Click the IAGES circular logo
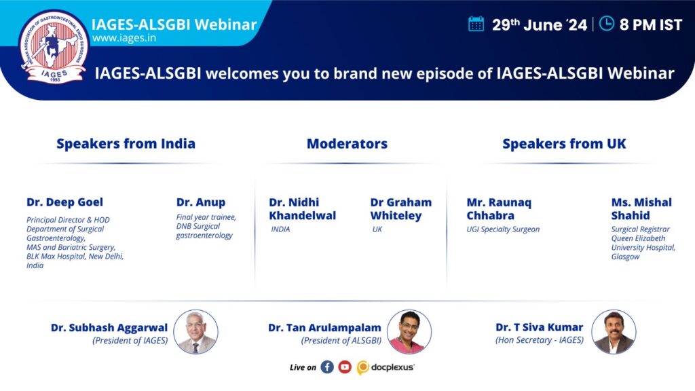click(x=53, y=47)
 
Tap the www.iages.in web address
click(x=124, y=38)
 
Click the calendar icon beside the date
click(x=476, y=24)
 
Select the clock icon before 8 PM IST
click(x=606, y=24)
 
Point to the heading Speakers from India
click(x=126, y=144)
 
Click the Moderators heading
click(x=347, y=144)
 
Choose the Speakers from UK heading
click(x=564, y=144)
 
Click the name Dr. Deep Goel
click(x=64, y=202)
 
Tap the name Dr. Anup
click(x=201, y=202)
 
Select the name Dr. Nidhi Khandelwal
click(x=302, y=209)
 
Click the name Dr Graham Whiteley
click(x=400, y=209)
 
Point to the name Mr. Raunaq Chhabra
click(x=499, y=209)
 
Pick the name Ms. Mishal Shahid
click(x=641, y=209)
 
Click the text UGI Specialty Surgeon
click(x=503, y=229)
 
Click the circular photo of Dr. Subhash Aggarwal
click(x=195, y=331)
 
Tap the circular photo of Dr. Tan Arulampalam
click(x=409, y=331)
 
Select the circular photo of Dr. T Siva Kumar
click(x=614, y=331)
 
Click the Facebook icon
click(x=327, y=367)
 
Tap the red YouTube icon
click(x=345, y=367)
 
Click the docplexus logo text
click(x=393, y=367)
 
